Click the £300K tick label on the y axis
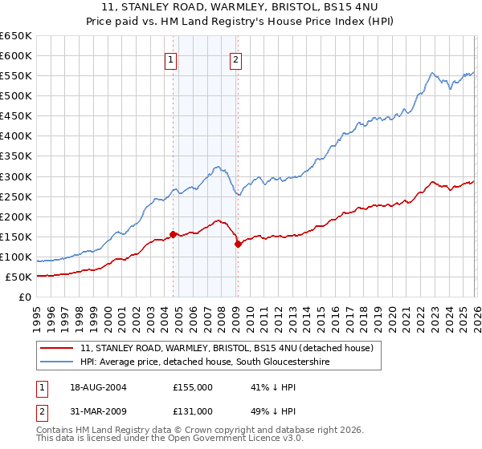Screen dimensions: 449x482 coord(16,176)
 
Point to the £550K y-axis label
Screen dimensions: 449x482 coord(16,75)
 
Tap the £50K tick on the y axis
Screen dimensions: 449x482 coord(19,277)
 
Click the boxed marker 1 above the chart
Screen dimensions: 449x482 coord(172,59)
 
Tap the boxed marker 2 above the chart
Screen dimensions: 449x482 coord(236,59)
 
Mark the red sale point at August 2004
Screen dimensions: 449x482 coord(173,234)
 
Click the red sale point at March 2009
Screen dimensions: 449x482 coord(238,244)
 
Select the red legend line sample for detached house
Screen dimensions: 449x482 coord(58,349)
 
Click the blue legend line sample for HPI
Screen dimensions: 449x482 coord(58,362)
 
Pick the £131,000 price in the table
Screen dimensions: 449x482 coord(193,411)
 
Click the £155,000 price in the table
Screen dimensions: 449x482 coord(193,387)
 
